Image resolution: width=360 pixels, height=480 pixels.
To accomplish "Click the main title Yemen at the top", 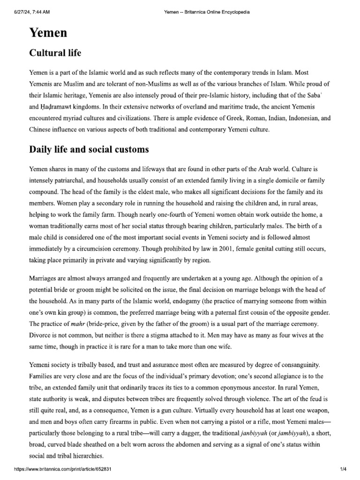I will (x=48, y=33).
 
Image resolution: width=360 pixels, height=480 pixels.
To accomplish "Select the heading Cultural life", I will (x=55, y=53).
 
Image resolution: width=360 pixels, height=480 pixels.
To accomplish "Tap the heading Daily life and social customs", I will (x=89, y=150).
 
